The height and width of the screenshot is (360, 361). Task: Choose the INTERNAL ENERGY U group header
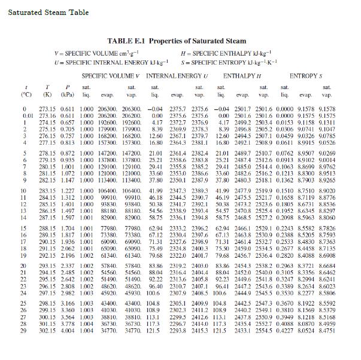(175, 77)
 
